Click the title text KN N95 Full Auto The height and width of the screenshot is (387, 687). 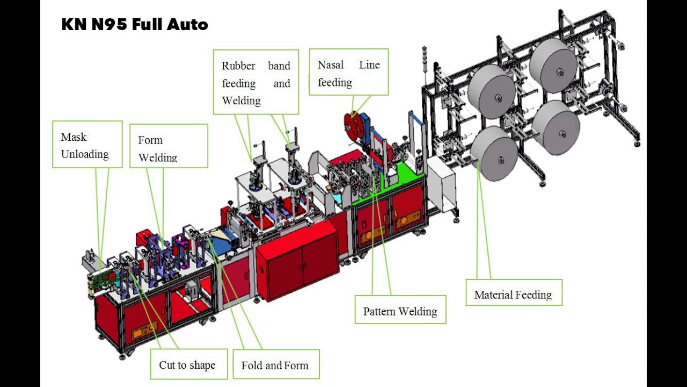[134, 25]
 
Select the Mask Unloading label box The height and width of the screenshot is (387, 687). [87, 145]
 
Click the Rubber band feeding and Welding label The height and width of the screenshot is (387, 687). [256, 83]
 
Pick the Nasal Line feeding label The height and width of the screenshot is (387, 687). [348, 73]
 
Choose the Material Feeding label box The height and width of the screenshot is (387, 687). [513, 293]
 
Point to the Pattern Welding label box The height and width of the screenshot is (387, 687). [400, 310]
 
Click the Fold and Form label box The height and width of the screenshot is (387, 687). [275, 365]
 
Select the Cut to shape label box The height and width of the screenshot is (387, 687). [187, 364]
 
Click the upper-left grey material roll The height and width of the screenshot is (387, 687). [492, 92]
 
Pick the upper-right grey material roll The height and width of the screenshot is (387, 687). [553, 67]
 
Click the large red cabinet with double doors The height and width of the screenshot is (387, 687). [296, 260]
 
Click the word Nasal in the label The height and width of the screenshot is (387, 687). [331, 65]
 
